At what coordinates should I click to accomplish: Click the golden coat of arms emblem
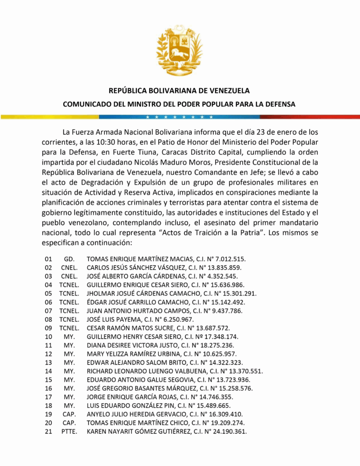pos(179,50)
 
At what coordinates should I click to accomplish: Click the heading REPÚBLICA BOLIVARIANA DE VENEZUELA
pos(179,91)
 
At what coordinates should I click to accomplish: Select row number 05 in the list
pos(48,293)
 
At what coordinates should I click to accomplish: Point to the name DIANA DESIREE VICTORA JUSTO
pos(132,345)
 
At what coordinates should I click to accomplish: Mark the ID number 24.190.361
pos(230,431)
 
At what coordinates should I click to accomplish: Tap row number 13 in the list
pos(48,362)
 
